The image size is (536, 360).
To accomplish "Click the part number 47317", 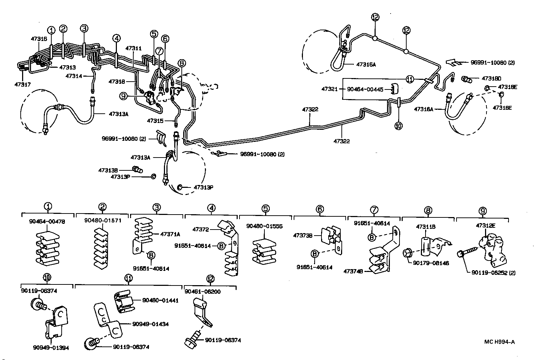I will tap(22, 84).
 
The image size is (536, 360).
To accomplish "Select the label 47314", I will tap(73, 76).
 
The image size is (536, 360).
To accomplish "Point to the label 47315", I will tap(155, 121).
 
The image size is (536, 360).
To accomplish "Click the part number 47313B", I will tap(108, 170).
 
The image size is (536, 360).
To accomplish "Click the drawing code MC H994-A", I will tap(499, 342).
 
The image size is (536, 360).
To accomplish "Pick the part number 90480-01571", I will tap(103, 220).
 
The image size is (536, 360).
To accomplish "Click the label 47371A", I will tap(170, 234).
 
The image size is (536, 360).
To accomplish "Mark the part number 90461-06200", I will tap(202, 292).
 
